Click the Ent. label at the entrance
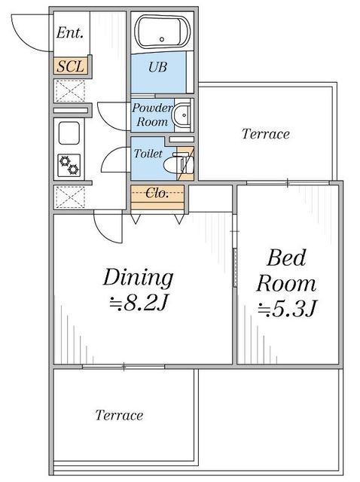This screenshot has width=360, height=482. click(70, 33)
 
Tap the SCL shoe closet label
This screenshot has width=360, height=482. click(70, 66)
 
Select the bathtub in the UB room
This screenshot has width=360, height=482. click(163, 32)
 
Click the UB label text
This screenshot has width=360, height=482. click(157, 67)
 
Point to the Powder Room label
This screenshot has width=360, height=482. click(152, 115)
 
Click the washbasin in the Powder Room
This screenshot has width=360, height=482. click(182, 115)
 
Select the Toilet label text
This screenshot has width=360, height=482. click(148, 153)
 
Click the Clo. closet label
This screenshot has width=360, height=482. click(157, 193)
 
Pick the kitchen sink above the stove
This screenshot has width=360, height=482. click(69, 133)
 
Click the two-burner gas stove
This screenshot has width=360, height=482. click(69, 166)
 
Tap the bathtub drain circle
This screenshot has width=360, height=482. click(162, 39)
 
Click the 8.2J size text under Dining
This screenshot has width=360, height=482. click(139, 304)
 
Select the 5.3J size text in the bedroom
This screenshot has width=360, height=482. click(287, 308)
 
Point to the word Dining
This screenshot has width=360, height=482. click(138, 278)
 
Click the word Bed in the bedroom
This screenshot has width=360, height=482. click(286, 258)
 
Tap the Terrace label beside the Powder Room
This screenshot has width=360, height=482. click(266, 134)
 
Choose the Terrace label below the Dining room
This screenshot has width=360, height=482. click(119, 415)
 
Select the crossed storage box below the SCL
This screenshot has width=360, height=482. click(70, 90)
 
